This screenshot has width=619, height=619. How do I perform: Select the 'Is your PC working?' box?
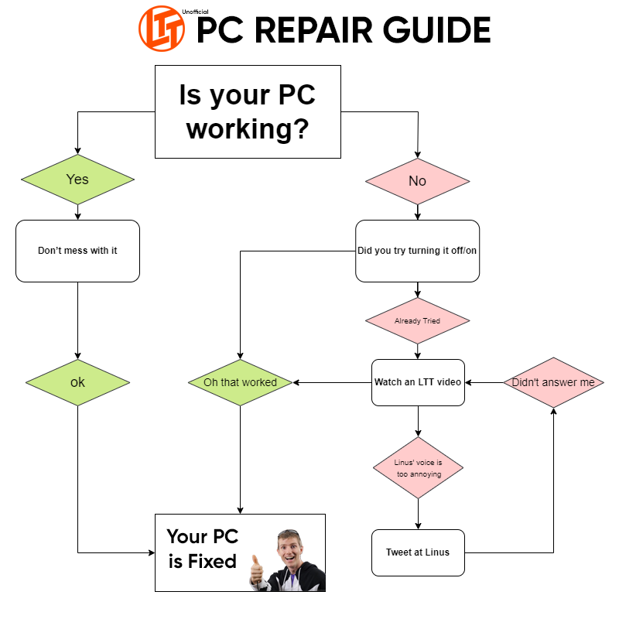coord(248,111)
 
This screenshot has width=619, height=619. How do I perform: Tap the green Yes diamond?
coord(77,180)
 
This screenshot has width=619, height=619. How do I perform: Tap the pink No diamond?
coord(418,181)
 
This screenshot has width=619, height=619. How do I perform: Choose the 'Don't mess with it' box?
coord(77,251)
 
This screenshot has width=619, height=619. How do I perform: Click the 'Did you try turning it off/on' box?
coord(418,251)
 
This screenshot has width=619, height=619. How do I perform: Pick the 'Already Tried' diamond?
coord(418,320)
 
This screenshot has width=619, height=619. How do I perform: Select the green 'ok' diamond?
coord(77,382)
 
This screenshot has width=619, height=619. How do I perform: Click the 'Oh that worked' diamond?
coord(240,382)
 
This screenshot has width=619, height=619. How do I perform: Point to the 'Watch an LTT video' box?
coord(418,382)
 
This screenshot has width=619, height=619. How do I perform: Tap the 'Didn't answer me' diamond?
coord(553,382)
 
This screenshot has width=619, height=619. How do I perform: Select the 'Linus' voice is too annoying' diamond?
coord(418,468)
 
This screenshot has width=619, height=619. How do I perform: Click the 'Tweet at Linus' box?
coord(418,552)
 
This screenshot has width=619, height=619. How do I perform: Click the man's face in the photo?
coord(290,545)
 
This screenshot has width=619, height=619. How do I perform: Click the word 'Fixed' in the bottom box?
coord(212,561)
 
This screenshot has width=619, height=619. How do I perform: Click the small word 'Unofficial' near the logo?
coord(195,12)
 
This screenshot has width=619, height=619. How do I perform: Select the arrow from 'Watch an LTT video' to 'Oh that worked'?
coord(333,382)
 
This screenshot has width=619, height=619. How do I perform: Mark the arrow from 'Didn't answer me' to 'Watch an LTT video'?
coord(484,382)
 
